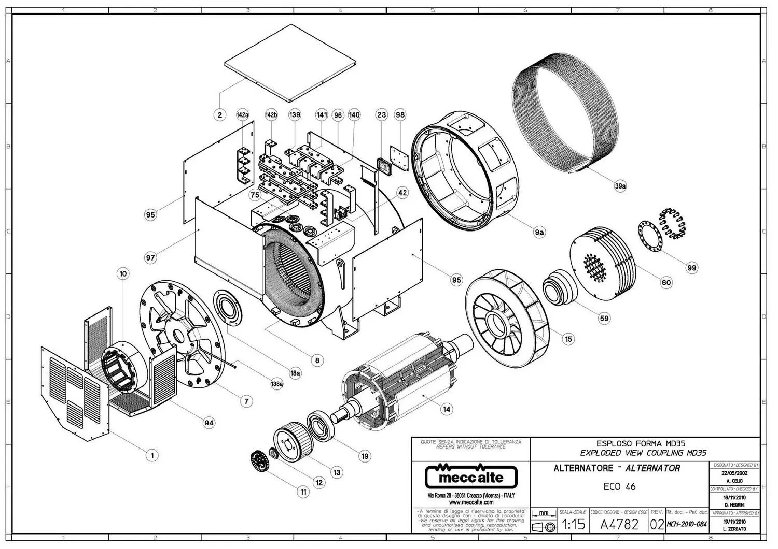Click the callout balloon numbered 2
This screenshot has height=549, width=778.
220,115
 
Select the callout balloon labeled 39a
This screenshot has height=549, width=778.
620,187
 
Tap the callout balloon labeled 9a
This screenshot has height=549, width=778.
539,233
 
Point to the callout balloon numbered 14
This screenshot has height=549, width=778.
446,409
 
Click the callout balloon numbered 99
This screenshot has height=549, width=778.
691,268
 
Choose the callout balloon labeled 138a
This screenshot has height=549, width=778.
277,384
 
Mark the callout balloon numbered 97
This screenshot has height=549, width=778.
150,257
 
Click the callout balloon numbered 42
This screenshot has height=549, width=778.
402,193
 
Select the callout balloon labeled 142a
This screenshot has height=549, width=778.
242,115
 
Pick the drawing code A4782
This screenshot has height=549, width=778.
619,525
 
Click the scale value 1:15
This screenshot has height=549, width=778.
573,525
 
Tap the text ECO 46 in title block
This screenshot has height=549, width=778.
619,487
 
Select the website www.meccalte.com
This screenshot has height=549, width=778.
471,502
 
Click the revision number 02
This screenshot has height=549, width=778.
657,525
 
